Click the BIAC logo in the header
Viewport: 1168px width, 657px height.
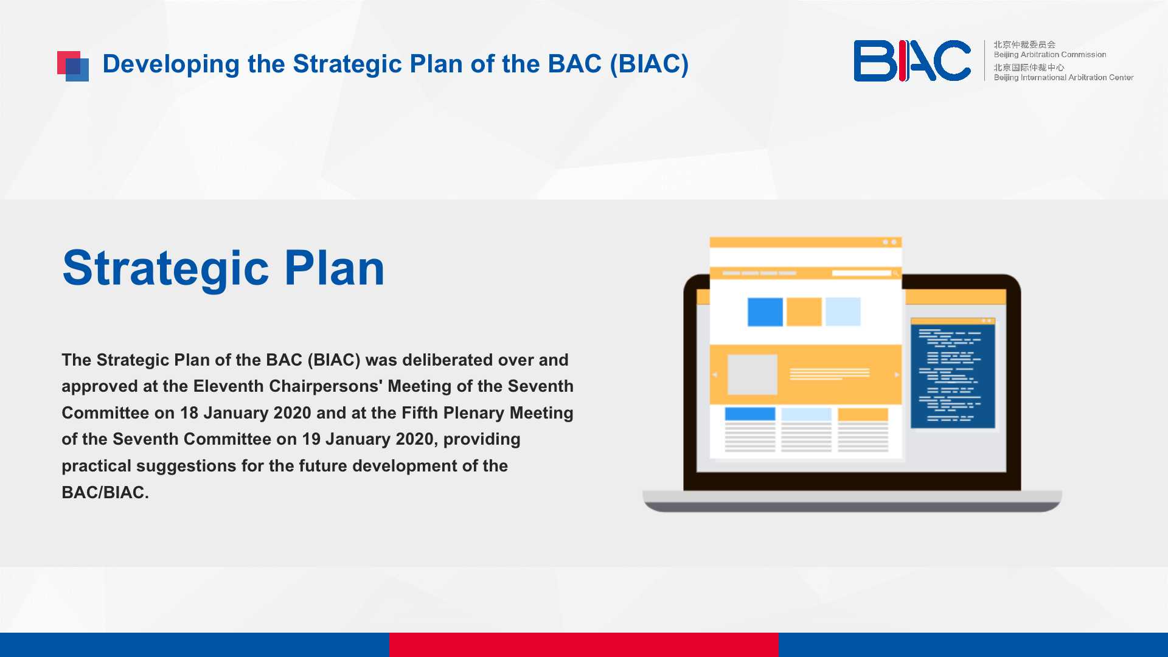tap(912, 61)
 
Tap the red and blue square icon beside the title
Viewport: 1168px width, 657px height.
tap(73, 66)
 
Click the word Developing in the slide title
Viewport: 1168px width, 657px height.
tap(171, 64)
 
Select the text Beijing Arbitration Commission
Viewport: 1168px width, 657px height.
tap(1050, 55)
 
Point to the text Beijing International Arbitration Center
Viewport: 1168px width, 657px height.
tap(1063, 77)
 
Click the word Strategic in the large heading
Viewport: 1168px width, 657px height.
tap(165, 269)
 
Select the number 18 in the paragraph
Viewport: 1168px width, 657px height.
tap(189, 413)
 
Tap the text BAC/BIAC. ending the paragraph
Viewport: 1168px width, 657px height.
tap(105, 492)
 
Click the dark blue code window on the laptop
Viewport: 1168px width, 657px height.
tap(953, 373)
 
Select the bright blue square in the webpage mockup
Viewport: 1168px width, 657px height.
tap(765, 311)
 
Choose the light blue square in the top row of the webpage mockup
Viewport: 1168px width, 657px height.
tap(843, 311)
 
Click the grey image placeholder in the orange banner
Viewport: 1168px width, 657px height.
tap(753, 375)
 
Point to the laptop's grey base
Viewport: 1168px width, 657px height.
tap(852, 501)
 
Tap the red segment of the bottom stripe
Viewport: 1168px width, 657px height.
tap(584, 645)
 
